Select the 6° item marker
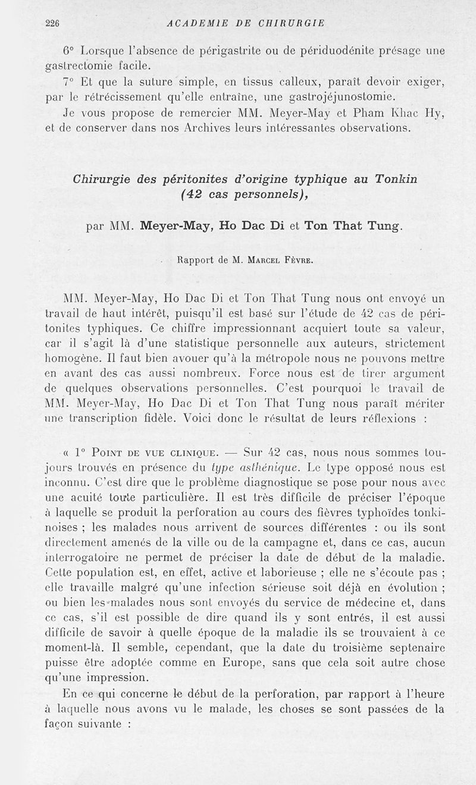69,51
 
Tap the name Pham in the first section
356,113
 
